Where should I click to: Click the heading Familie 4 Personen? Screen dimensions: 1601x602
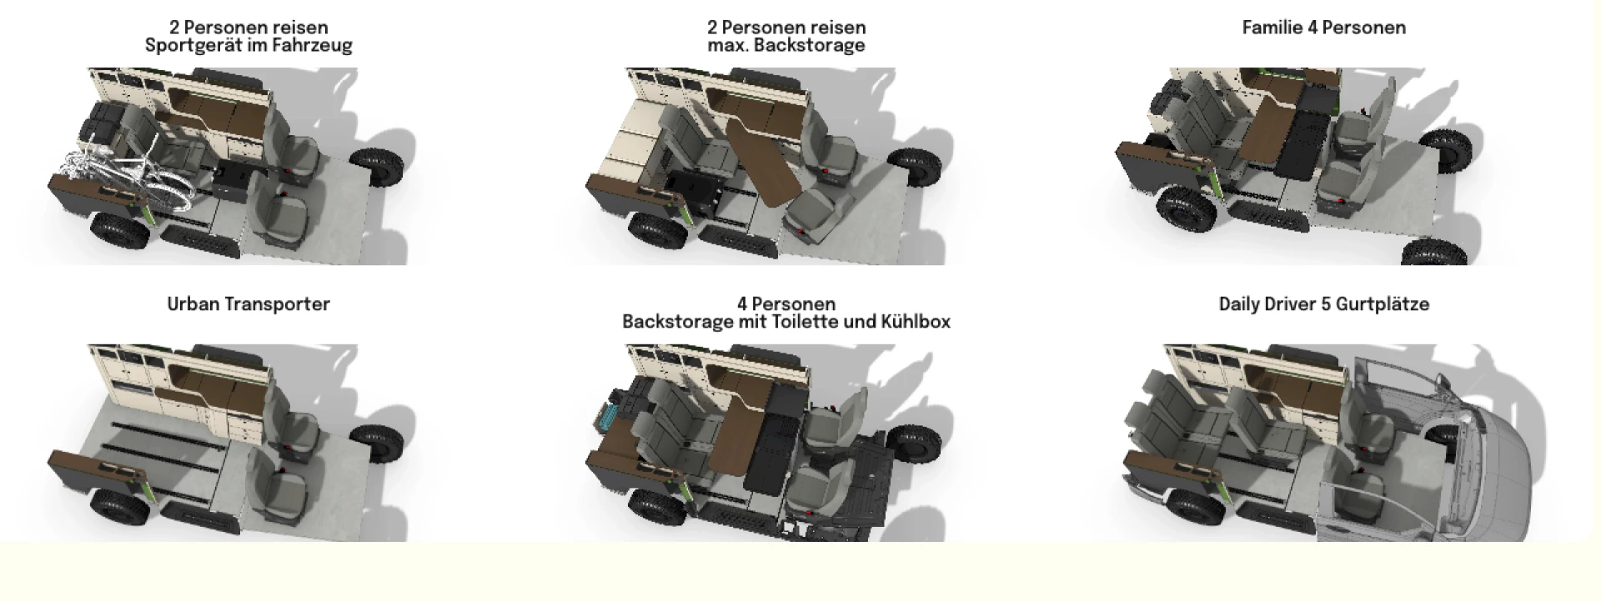tap(1324, 28)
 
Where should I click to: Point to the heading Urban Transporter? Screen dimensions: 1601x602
tap(248, 304)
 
